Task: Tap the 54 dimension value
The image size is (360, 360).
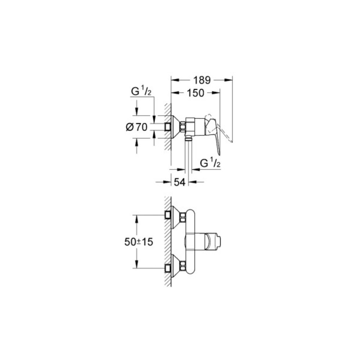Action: click(x=180, y=182)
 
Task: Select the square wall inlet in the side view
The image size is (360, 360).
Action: click(x=167, y=127)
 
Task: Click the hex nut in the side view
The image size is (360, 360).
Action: click(x=183, y=127)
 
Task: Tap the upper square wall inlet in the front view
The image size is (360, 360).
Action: click(x=167, y=215)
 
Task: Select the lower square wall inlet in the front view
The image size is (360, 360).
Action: click(x=167, y=269)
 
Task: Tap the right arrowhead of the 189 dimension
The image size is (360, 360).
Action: click(x=229, y=79)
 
